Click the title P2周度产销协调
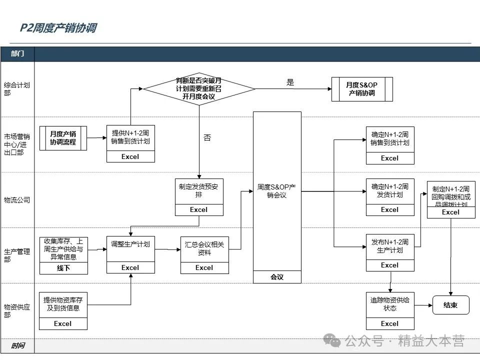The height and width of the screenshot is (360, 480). tap(58, 28)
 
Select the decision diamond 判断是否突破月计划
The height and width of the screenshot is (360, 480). tap(199, 88)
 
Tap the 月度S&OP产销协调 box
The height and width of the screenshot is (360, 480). tap(362, 89)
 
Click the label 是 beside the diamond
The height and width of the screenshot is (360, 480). tap(290, 83)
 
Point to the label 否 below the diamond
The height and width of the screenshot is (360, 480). tap(207, 137)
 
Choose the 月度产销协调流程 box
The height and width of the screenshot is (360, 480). tap(63, 138)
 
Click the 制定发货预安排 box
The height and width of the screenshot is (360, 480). tap(198, 191)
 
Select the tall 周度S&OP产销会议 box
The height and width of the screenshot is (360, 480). tap(277, 191)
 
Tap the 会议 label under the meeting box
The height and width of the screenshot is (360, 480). tap(277, 277)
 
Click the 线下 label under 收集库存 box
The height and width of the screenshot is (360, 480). tap(63, 268)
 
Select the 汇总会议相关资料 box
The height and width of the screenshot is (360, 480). tap(204, 248)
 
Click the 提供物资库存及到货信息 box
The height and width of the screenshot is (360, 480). tap(63, 304)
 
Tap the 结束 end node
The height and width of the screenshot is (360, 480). tap(450, 305)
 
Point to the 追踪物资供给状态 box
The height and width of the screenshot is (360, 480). tap(389, 304)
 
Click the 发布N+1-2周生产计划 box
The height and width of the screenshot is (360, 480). tap(389, 246)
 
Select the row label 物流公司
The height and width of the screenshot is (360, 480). tap(17, 200)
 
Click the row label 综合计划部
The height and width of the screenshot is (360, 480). tap(17, 89)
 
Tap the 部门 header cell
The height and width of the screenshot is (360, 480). tap(17, 53)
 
